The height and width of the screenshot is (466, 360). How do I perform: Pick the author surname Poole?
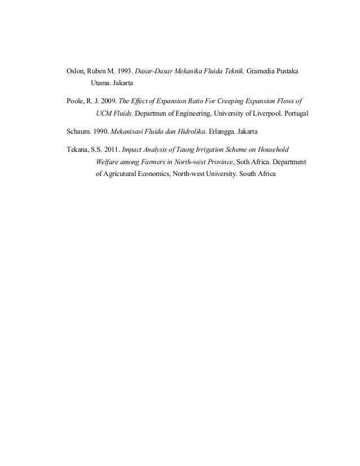tap(76, 102)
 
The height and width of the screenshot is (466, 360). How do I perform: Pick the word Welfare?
tap(108, 162)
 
